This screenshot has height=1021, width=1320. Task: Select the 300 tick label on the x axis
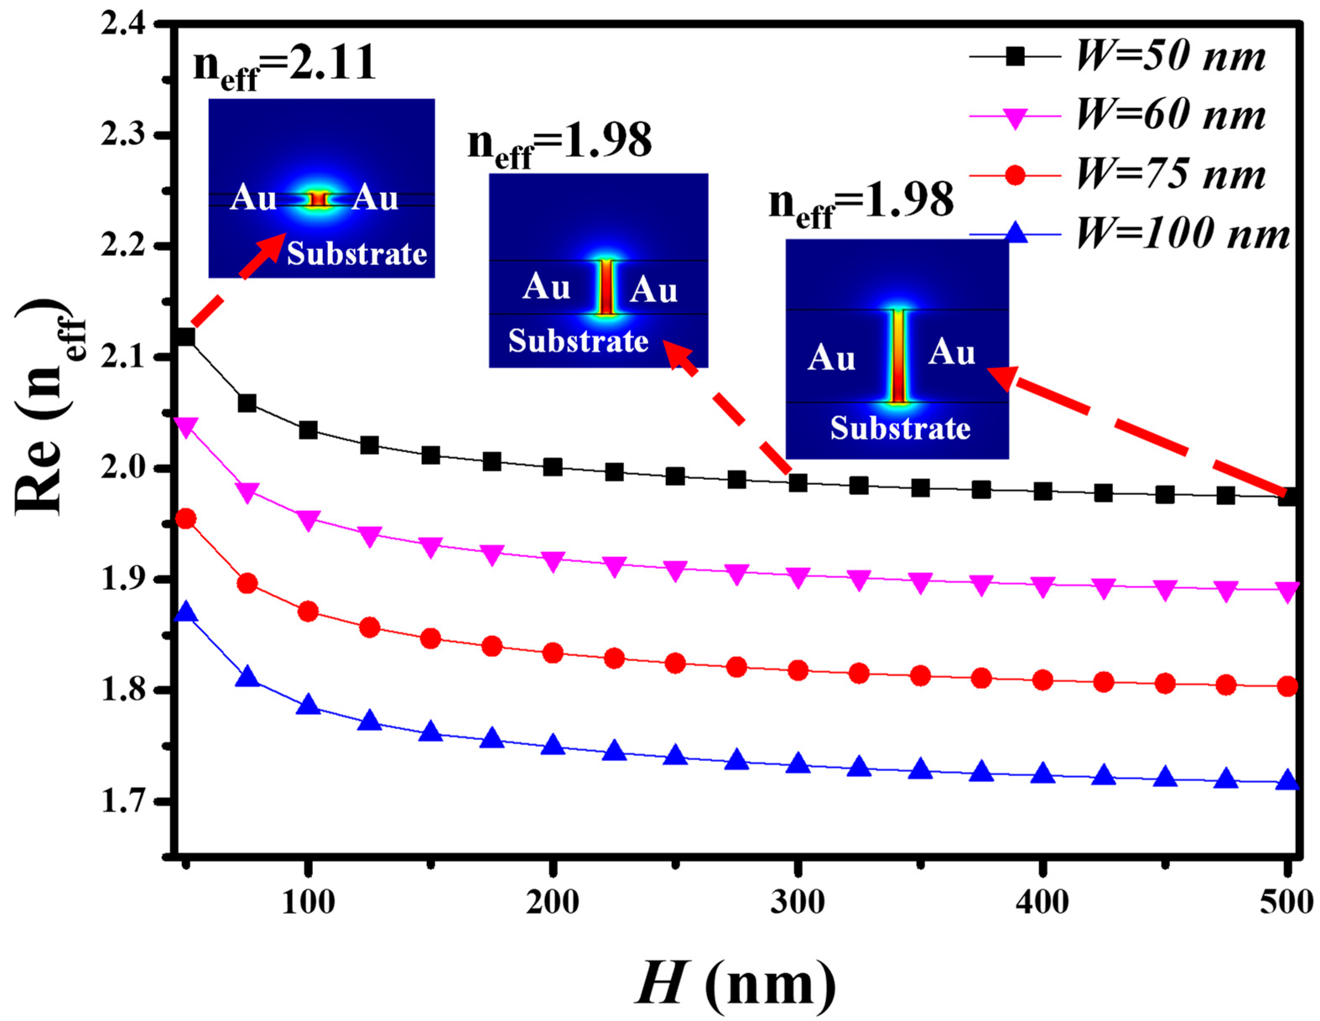coord(798,902)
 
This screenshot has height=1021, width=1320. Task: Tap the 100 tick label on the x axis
coord(308,902)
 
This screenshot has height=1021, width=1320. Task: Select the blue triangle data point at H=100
coord(308,705)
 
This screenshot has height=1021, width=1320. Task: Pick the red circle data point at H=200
coord(552,653)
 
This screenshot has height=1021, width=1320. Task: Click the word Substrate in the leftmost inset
coord(356,253)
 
